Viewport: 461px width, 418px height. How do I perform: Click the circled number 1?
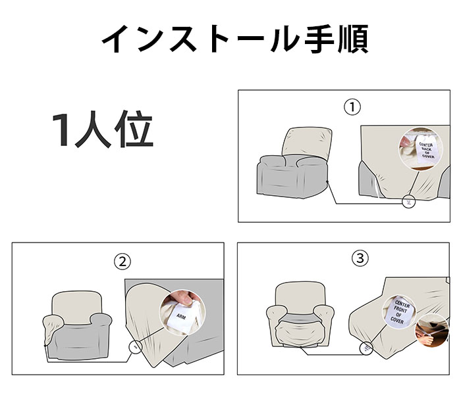(x=352, y=107)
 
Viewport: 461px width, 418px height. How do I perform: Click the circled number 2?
(x=122, y=262)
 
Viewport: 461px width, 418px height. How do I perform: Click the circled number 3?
(x=360, y=258)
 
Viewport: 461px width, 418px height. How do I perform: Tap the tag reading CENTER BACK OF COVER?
(x=426, y=150)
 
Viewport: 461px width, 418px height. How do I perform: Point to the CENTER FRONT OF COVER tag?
(x=399, y=312)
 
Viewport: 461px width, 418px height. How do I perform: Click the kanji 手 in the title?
(x=319, y=39)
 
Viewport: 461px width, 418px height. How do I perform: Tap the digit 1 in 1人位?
(x=61, y=129)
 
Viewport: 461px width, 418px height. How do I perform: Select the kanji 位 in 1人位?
(x=134, y=129)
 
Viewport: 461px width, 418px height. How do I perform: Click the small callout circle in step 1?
(x=409, y=202)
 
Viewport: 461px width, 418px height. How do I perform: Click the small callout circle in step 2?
(x=135, y=347)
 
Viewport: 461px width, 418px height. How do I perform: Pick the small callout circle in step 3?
(x=366, y=348)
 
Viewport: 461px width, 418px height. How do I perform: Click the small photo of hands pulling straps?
(x=431, y=330)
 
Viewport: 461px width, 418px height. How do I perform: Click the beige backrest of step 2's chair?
(x=77, y=307)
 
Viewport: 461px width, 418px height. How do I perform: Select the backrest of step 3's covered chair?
(x=300, y=297)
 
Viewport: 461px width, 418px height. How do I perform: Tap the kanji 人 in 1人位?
(x=94, y=129)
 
